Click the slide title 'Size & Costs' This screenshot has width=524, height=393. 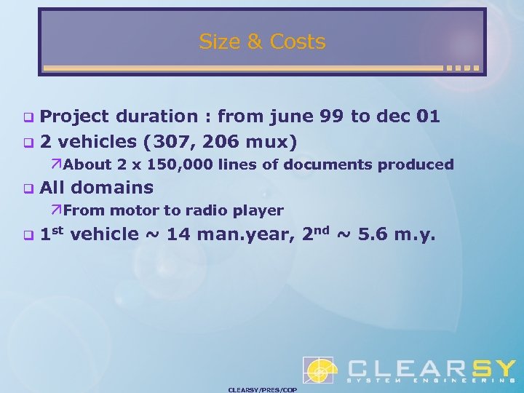click(262, 42)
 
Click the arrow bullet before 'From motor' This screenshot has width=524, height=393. click(57, 211)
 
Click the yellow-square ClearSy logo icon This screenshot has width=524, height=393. click(318, 370)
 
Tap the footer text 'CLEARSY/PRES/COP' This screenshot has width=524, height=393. click(262, 389)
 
